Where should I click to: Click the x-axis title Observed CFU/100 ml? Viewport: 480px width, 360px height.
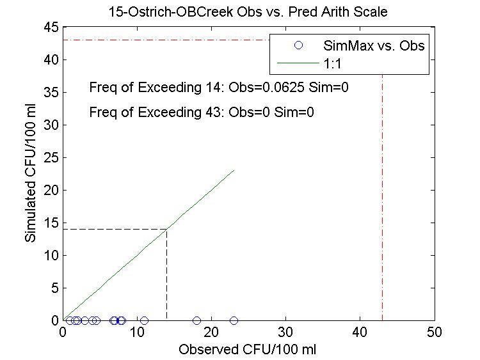pos(248,350)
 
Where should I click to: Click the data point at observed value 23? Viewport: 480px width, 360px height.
pos(234,320)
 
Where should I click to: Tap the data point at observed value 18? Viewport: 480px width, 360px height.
pos(196,320)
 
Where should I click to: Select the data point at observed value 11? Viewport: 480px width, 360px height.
pos(145,320)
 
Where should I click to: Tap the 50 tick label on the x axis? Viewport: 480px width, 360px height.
pos(435,333)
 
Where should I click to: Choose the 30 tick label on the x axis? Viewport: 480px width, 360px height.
pos(286,333)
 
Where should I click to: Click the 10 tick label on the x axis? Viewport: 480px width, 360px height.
pos(137,333)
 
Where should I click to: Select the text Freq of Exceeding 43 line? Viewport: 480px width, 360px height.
pos(202,113)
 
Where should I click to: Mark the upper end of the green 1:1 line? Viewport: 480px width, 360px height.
pos(234,170)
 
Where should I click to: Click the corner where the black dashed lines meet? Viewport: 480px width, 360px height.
pos(167,229)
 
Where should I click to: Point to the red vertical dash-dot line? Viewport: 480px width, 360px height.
pos(383,192)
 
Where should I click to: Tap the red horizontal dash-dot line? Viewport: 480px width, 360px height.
pos(160,40)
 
